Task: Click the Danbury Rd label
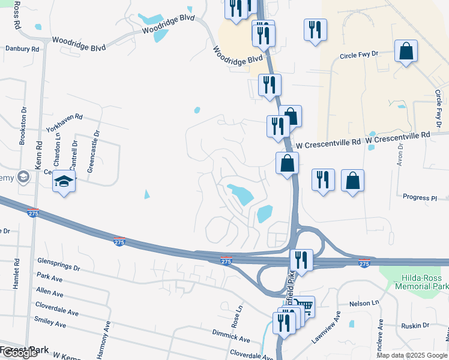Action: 22,48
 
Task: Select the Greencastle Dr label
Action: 92,152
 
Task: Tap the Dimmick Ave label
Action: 231,332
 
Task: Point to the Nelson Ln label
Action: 365,303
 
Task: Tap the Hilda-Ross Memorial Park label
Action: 418,283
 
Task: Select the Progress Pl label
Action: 420,197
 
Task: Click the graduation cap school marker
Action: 64,181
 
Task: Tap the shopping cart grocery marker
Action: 305,307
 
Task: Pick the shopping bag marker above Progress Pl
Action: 352,181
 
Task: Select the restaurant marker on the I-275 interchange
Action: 300,260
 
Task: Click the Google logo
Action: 19,353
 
